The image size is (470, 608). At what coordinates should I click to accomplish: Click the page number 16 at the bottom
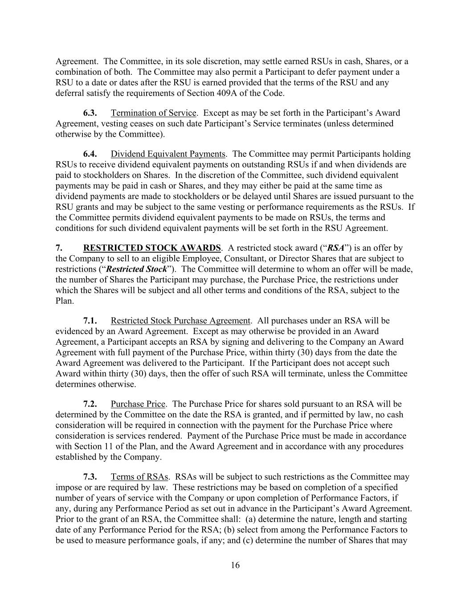tap(235, 566)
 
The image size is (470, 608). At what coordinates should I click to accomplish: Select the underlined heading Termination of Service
tap(153, 113)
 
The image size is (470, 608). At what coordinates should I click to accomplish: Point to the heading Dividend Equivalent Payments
tap(168, 154)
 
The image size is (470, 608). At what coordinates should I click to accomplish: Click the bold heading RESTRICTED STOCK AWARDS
tap(152, 248)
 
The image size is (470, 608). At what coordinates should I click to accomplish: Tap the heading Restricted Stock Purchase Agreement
tap(180, 321)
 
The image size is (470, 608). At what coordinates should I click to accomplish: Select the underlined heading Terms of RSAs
tap(139, 477)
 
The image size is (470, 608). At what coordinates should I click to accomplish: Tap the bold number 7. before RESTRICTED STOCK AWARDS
tap(58, 248)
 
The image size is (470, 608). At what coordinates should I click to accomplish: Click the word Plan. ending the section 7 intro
tap(64, 301)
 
